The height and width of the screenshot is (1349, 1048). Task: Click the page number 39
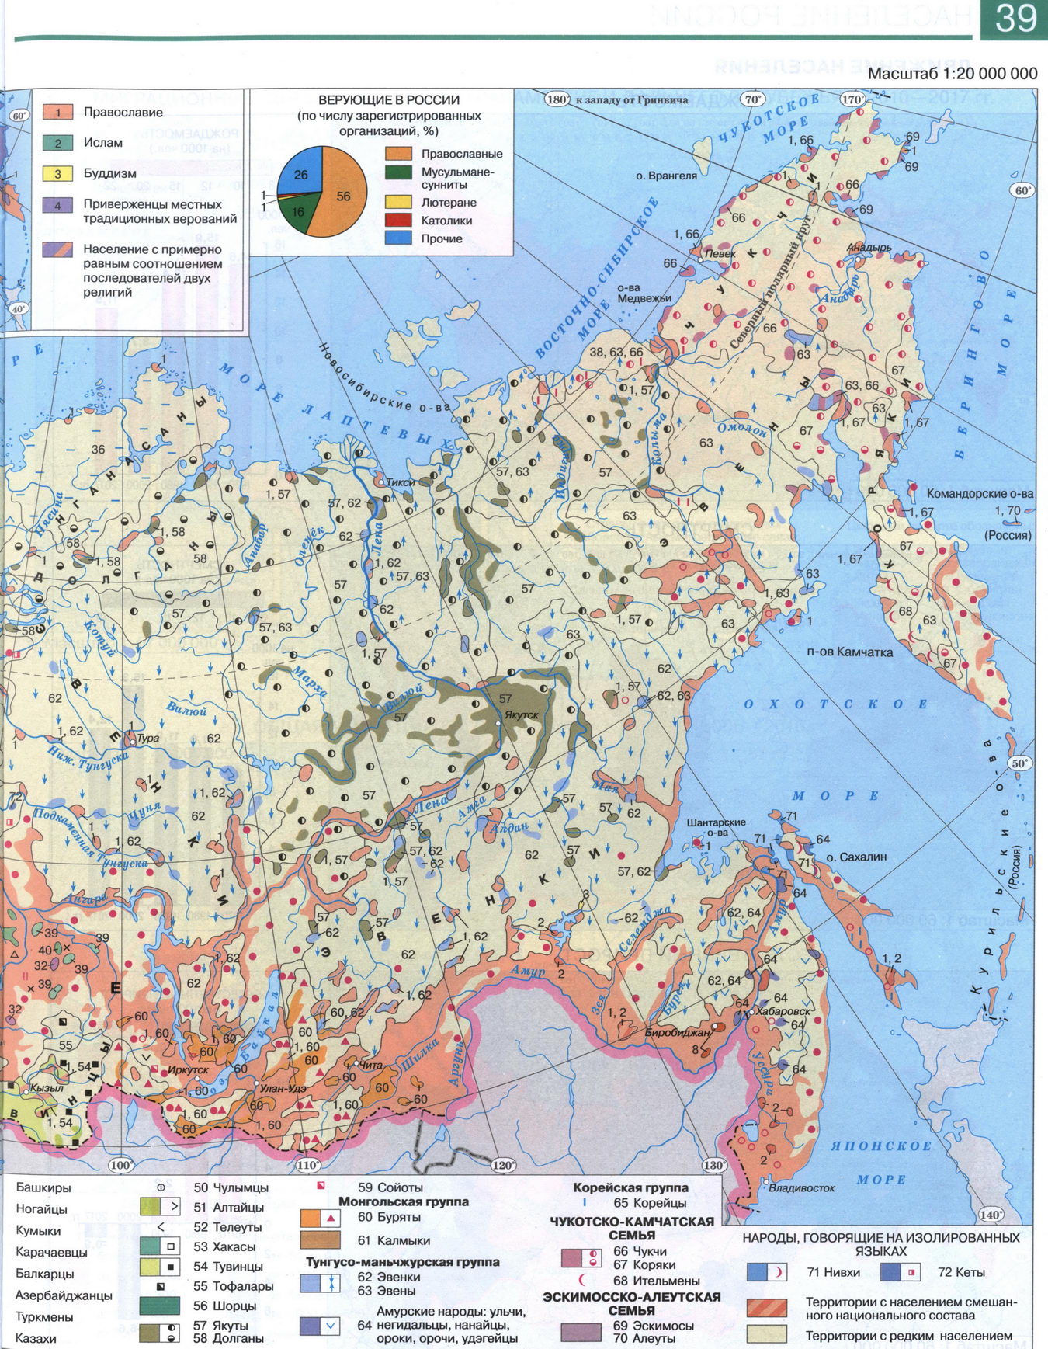coord(1015,19)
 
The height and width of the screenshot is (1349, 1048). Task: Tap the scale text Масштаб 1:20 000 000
coord(952,74)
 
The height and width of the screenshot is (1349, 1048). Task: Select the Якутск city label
coord(521,714)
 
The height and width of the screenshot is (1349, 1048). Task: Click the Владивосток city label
coord(801,1187)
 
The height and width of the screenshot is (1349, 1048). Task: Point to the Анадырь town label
coord(869,248)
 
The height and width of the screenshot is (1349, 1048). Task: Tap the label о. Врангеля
coord(666,176)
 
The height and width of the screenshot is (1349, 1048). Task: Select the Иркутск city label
coord(188,1069)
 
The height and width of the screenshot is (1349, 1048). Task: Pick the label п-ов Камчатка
coord(849,652)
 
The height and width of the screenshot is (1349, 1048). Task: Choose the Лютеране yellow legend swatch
coord(398,203)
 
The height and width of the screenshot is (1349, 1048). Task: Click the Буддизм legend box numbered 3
coord(57,174)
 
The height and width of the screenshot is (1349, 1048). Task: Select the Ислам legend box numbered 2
coord(57,143)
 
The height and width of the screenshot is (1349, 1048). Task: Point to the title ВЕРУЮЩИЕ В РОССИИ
coord(388,100)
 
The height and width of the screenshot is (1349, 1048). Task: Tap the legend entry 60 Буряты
coord(389,1217)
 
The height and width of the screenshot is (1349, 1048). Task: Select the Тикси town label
coord(401,482)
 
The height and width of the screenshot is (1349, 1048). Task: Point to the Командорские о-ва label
coord(980,494)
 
